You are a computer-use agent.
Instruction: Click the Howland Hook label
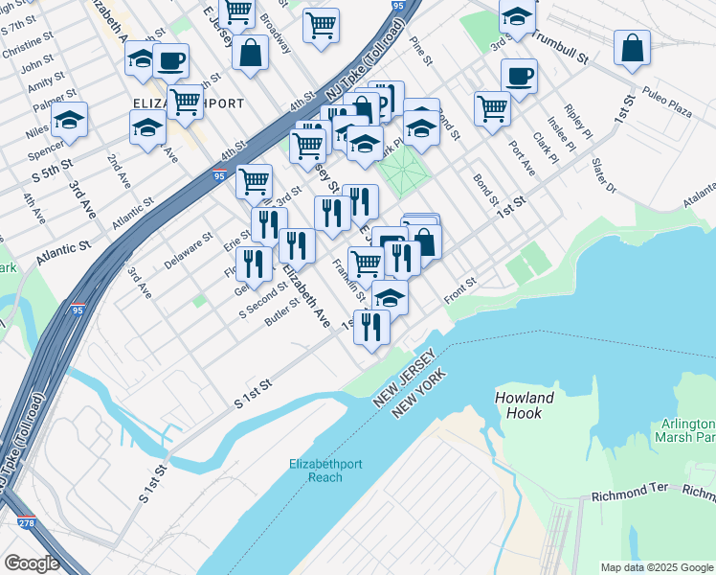click(x=525, y=405)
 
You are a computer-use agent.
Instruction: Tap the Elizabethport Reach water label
click(x=326, y=471)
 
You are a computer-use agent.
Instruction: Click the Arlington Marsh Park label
click(x=687, y=430)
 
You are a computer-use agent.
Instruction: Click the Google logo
click(x=32, y=563)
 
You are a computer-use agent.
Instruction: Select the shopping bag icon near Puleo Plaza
click(x=632, y=47)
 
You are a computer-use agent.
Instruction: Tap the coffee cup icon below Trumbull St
click(x=519, y=76)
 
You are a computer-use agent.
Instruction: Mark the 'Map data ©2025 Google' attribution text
click(x=656, y=566)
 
